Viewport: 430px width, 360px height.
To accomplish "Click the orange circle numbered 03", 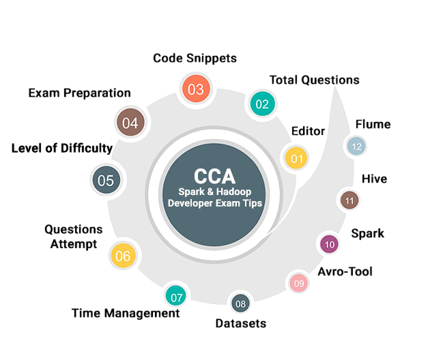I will click(x=196, y=89).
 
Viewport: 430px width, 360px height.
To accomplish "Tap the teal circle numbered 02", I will click(x=261, y=104).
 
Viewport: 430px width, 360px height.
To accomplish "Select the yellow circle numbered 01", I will click(x=296, y=158).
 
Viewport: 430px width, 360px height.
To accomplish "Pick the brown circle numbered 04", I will click(x=130, y=123).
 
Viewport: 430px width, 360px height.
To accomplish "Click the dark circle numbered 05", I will click(x=106, y=181).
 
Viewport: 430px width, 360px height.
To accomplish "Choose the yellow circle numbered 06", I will click(x=123, y=256).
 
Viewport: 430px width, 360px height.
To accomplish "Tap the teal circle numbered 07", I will click(x=176, y=297).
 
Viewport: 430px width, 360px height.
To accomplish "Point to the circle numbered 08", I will click(x=240, y=303).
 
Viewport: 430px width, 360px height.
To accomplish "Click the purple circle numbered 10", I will click(x=330, y=243).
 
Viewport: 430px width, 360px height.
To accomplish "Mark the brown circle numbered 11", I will click(x=349, y=200).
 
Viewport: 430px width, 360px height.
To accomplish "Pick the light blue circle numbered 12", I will click(x=356, y=146).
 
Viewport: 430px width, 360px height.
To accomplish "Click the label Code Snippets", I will click(x=195, y=58).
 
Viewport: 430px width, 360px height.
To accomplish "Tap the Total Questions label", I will click(x=314, y=80).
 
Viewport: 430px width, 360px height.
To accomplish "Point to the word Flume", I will click(x=373, y=124).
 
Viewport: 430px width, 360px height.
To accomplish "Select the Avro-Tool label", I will click(x=345, y=272).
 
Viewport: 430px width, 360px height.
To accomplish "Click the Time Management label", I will click(x=126, y=313).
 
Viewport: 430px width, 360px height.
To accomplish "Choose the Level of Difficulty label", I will click(x=62, y=148).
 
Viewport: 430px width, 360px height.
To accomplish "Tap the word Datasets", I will click(x=240, y=322).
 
